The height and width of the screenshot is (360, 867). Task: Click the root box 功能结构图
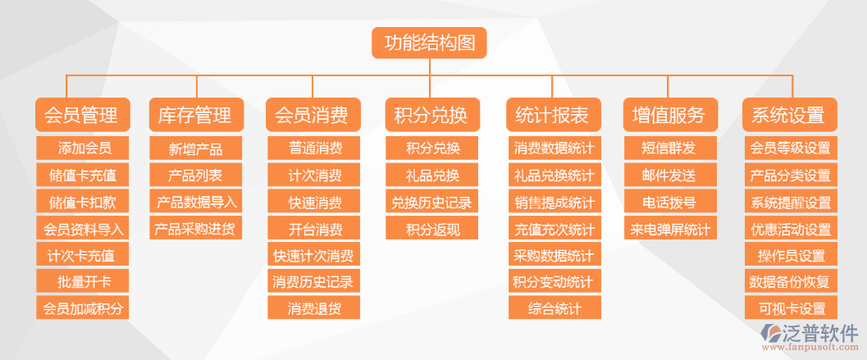tap(429, 43)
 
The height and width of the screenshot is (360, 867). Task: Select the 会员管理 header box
tap(80, 115)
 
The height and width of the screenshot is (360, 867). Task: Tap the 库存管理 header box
tap(195, 115)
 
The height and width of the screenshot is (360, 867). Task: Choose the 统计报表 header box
tap(554, 115)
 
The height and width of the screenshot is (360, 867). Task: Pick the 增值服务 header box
tap(669, 115)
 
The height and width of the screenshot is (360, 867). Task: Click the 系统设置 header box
tap(789, 115)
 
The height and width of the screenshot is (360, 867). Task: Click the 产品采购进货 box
tap(196, 229)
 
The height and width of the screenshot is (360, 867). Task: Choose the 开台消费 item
tap(314, 229)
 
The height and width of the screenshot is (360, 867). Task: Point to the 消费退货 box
tap(314, 308)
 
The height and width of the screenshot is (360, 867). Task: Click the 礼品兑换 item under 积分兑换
tap(432, 175)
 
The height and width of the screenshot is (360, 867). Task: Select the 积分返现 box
tap(432, 229)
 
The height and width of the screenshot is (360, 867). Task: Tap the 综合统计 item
tap(554, 308)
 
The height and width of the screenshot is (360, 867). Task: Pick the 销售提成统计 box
tap(554, 202)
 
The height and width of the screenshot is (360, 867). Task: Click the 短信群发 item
tap(669, 148)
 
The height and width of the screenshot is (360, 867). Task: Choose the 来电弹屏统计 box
tap(669, 229)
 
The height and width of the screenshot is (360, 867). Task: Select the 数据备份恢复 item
tap(789, 282)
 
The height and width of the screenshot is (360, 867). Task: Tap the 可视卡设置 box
tap(789, 308)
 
